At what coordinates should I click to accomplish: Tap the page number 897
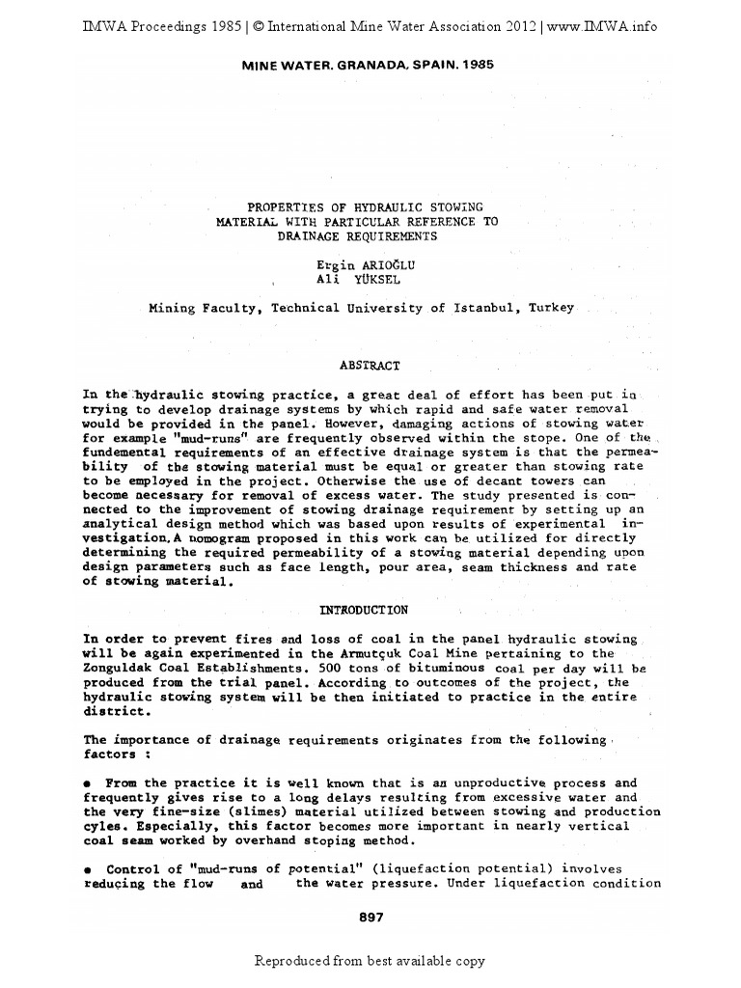coord(370,918)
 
